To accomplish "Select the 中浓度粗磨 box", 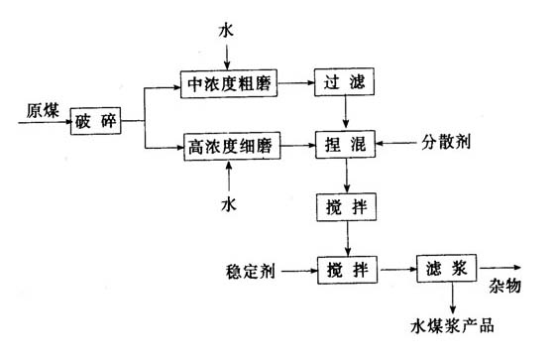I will (x=228, y=83).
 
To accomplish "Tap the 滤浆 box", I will (x=447, y=269).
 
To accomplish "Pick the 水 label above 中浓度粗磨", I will (x=229, y=33).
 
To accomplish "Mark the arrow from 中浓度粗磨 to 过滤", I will (x=294, y=83).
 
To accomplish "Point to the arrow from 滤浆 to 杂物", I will (x=501, y=269).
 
